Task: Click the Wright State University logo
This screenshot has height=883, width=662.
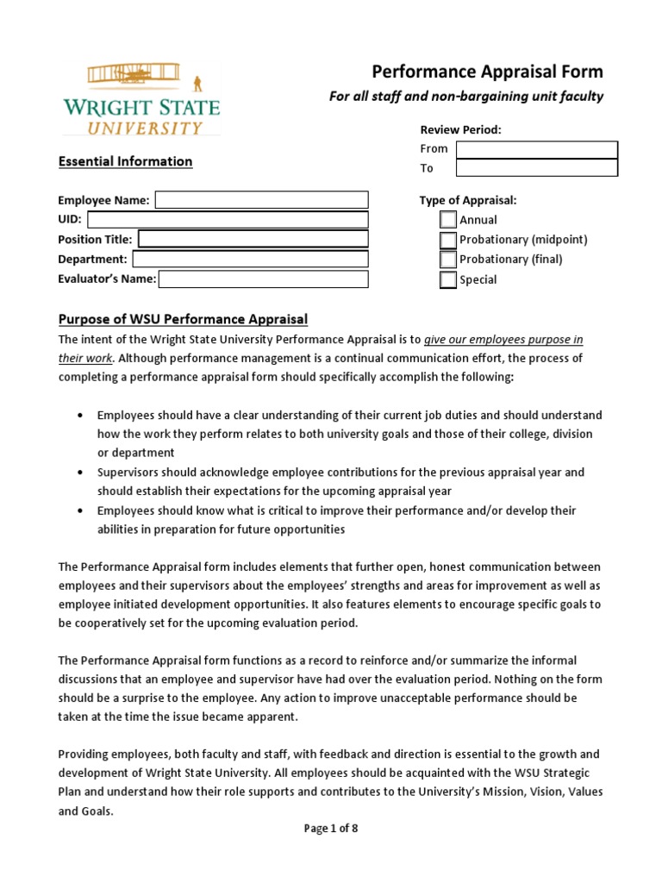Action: pyautogui.click(x=141, y=99)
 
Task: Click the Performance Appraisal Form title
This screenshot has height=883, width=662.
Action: pyautogui.click(x=487, y=72)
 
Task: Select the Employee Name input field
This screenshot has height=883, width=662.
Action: pyautogui.click(x=261, y=200)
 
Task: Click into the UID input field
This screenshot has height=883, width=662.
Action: pyautogui.click(x=228, y=220)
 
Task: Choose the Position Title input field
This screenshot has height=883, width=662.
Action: pyautogui.click(x=253, y=239)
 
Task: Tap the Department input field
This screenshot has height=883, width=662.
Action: pyautogui.click(x=250, y=259)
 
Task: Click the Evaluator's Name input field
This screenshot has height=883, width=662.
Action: pyautogui.click(x=263, y=279)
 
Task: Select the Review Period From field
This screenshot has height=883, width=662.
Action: pyautogui.click(x=536, y=149)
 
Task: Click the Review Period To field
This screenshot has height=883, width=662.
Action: pyautogui.click(x=536, y=168)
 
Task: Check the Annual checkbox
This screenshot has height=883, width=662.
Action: pyautogui.click(x=448, y=220)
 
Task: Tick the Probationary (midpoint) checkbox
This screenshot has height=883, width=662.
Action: pyautogui.click(x=448, y=240)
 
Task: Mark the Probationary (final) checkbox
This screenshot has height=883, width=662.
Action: pyautogui.click(x=448, y=260)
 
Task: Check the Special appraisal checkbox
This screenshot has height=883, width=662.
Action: pyautogui.click(x=448, y=279)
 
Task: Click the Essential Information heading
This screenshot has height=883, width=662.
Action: pyautogui.click(x=125, y=161)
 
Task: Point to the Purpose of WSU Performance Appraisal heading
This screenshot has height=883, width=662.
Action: pyautogui.click(x=183, y=319)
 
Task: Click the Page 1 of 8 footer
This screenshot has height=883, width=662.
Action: pyautogui.click(x=331, y=829)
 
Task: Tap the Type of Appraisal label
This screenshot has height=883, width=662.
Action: pyautogui.click(x=468, y=200)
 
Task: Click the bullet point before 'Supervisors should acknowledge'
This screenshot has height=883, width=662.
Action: pyautogui.click(x=80, y=473)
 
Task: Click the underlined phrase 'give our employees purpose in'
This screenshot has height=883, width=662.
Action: pyautogui.click(x=503, y=339)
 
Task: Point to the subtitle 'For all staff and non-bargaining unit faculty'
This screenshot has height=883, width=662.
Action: pyautogui.click(x=466, y=97)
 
